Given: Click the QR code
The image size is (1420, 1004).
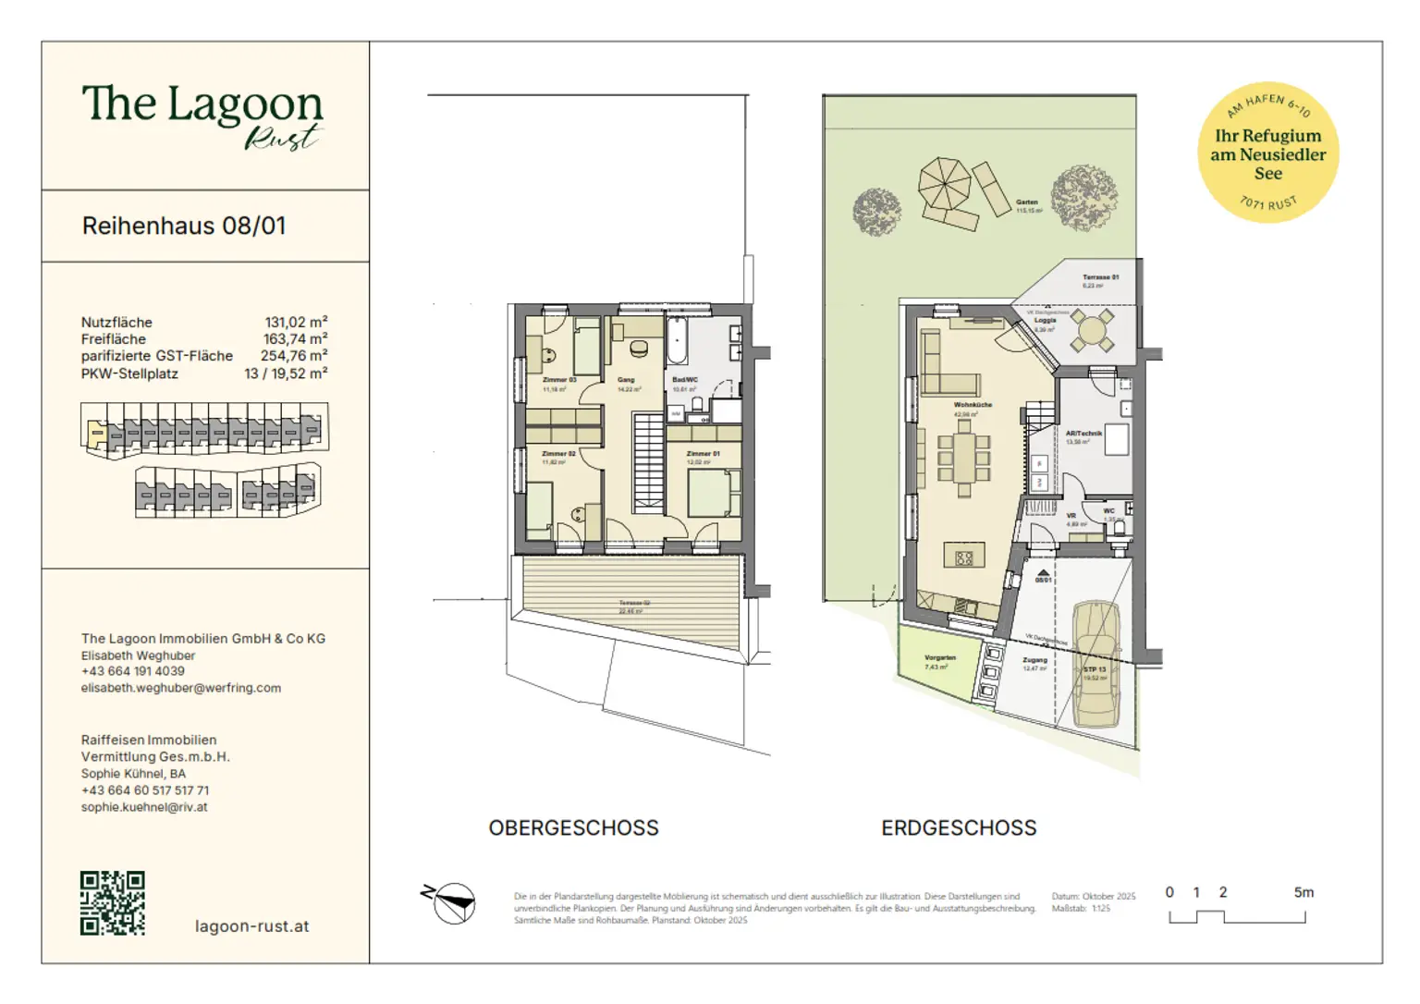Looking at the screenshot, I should tap(113, 902).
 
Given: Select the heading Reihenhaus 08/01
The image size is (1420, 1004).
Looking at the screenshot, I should tap(184, 227).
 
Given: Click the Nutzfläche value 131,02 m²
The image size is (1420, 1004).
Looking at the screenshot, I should tap(296, 323).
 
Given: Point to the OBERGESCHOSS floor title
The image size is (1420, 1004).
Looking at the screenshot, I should tap(573, 828).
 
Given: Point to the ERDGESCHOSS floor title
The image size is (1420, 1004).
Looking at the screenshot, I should tap(959, 828).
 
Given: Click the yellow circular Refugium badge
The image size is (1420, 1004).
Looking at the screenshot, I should tap(1267, 153).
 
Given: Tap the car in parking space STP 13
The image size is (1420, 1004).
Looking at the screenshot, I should tap(1096, 663).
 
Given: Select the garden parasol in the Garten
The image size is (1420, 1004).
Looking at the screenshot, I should tap(944, 183).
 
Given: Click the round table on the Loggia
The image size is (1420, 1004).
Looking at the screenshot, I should tap(1092, 331).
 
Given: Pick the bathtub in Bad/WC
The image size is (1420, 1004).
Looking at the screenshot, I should tap(676, 343).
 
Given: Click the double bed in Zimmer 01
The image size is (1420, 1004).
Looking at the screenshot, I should tap(714, 493).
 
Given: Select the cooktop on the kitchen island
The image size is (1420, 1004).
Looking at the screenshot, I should tap(964, 557).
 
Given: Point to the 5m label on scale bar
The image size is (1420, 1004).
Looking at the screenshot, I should tap(1303, 893).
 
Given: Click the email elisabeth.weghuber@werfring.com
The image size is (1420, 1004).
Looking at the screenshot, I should tap(181, 688).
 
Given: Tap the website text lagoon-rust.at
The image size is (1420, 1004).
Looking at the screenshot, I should tap(251, 926).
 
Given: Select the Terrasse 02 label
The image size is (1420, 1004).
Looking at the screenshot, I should tap(634, 603).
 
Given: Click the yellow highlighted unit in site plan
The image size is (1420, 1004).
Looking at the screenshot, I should tap(94, 432).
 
